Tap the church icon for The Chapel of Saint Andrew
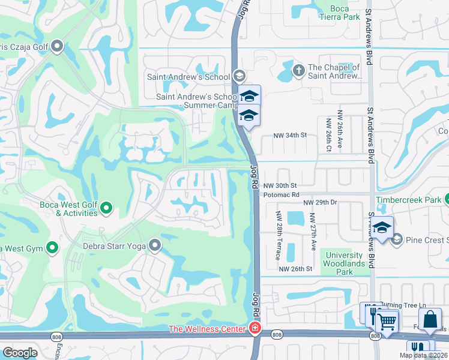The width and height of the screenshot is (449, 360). [298, 71]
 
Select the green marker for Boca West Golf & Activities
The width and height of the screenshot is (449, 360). [107, 208]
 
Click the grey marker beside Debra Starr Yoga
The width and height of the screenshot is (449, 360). [155, 245]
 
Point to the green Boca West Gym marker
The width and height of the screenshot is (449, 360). [53, 247]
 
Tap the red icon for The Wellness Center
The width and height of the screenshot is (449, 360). [255, 329]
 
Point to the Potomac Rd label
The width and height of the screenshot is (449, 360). [281, 195]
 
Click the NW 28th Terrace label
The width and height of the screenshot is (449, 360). [279, 236]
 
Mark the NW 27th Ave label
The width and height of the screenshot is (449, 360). [313, 232]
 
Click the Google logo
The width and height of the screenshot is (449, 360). [20, 353]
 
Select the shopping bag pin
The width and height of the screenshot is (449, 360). [430, 320]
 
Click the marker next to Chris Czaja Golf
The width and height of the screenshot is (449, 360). [58, 46]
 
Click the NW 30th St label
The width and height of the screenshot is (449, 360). [280, 185]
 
